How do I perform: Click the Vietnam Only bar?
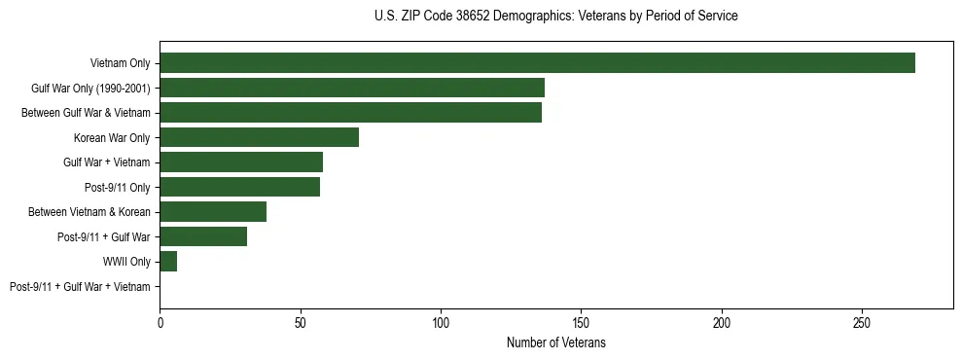tap(537, 63)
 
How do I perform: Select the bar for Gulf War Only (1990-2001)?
tap(352, 88)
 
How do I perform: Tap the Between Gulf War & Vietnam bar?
tap(350, 113)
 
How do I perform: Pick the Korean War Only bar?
tap(259, 137)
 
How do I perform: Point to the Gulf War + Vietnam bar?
tap(241, 162)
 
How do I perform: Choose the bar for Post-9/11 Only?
tap(239, 187)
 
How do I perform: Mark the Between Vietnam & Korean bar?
tap(213, 212)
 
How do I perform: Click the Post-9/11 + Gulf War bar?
tap(203, 236)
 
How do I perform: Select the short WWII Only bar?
tap(168, 262)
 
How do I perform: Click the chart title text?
tap(555, 17)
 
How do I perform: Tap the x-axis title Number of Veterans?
tap(555, 342)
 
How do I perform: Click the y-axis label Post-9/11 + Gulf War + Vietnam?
tap(80, 287)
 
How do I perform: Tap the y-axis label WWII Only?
tap(126, 262)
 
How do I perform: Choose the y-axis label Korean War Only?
tap(112, 137)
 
